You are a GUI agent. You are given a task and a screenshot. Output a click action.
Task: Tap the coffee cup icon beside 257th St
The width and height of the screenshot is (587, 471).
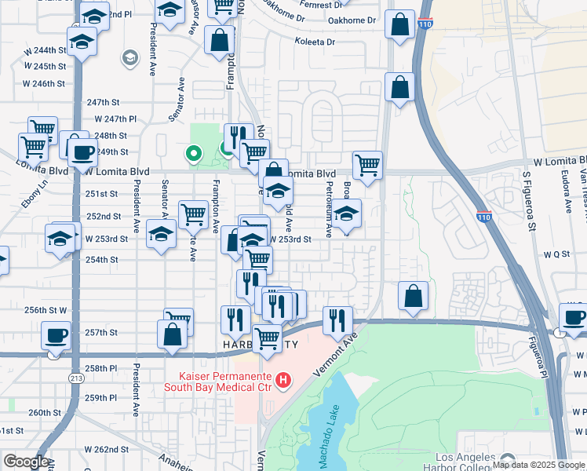click(56, 337)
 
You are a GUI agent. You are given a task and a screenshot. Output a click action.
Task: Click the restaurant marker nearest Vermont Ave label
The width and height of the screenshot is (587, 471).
click(337, 319)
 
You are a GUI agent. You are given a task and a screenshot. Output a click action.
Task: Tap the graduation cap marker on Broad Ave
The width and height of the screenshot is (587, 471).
click(346, 214)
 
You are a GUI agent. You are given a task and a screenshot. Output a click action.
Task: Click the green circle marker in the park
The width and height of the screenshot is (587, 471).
click(191, 154)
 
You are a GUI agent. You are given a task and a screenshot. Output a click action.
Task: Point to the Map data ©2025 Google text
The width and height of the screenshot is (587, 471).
click(538, 465)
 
